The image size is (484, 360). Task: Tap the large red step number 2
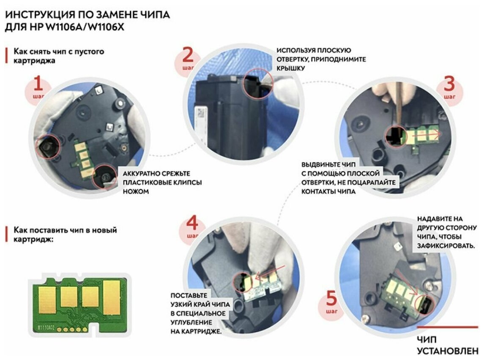point(188,55)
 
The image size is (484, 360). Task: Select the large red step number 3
point(449,84)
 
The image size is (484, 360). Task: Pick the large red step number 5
point(331,298)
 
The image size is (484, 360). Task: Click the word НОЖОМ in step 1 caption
point(136,191)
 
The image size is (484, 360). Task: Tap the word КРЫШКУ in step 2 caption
point(290,68)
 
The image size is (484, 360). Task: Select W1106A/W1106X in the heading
point(85,27)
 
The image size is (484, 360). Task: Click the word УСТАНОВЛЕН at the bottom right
point(448,351)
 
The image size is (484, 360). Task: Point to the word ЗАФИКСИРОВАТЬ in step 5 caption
point(446,246)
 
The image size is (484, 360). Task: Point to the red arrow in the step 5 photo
point(407,283)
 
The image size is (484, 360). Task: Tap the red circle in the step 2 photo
point(258,84)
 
